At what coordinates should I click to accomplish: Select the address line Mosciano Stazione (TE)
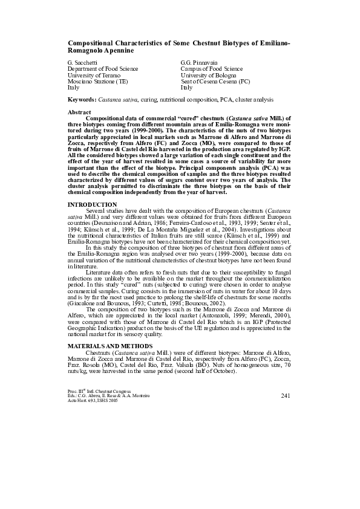pos(97,81)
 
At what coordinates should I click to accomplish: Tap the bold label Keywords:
pos(82,98)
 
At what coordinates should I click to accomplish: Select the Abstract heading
pos(79,112)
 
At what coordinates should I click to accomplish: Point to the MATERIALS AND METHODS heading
pos(110,345)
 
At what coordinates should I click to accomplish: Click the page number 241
pos(286,395)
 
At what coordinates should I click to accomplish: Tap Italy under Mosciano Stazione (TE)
pos(74,87)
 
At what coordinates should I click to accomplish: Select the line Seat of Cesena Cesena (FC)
pos(215,81)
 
